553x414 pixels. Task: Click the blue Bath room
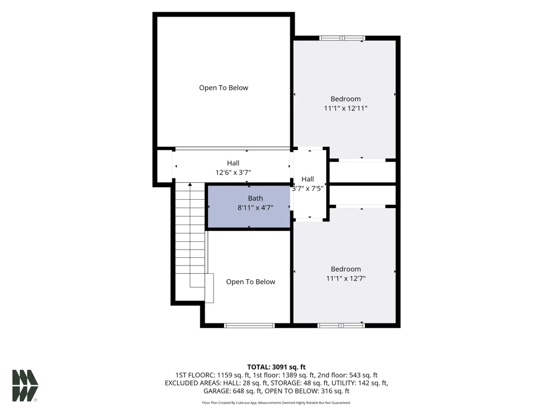249,206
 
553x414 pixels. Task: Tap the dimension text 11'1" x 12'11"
346,108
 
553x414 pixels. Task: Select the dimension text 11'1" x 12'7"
346,278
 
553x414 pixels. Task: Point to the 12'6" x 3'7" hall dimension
233,172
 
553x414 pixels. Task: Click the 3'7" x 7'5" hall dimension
307,189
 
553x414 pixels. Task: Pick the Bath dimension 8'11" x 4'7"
255,208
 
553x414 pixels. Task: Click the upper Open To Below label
223,88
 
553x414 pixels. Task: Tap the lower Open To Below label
251,282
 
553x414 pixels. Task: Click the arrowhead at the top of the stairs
190,184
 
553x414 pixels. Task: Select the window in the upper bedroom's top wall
342,38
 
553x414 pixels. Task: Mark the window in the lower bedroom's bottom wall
341,325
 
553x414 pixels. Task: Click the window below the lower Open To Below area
249,325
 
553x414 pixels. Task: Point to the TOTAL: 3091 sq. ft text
276,367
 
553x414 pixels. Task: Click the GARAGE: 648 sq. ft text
232,391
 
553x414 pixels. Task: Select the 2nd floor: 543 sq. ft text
347,375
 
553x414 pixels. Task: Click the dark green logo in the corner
25,385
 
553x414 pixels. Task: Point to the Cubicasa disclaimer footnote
276,403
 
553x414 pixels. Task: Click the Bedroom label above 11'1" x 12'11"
346,99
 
